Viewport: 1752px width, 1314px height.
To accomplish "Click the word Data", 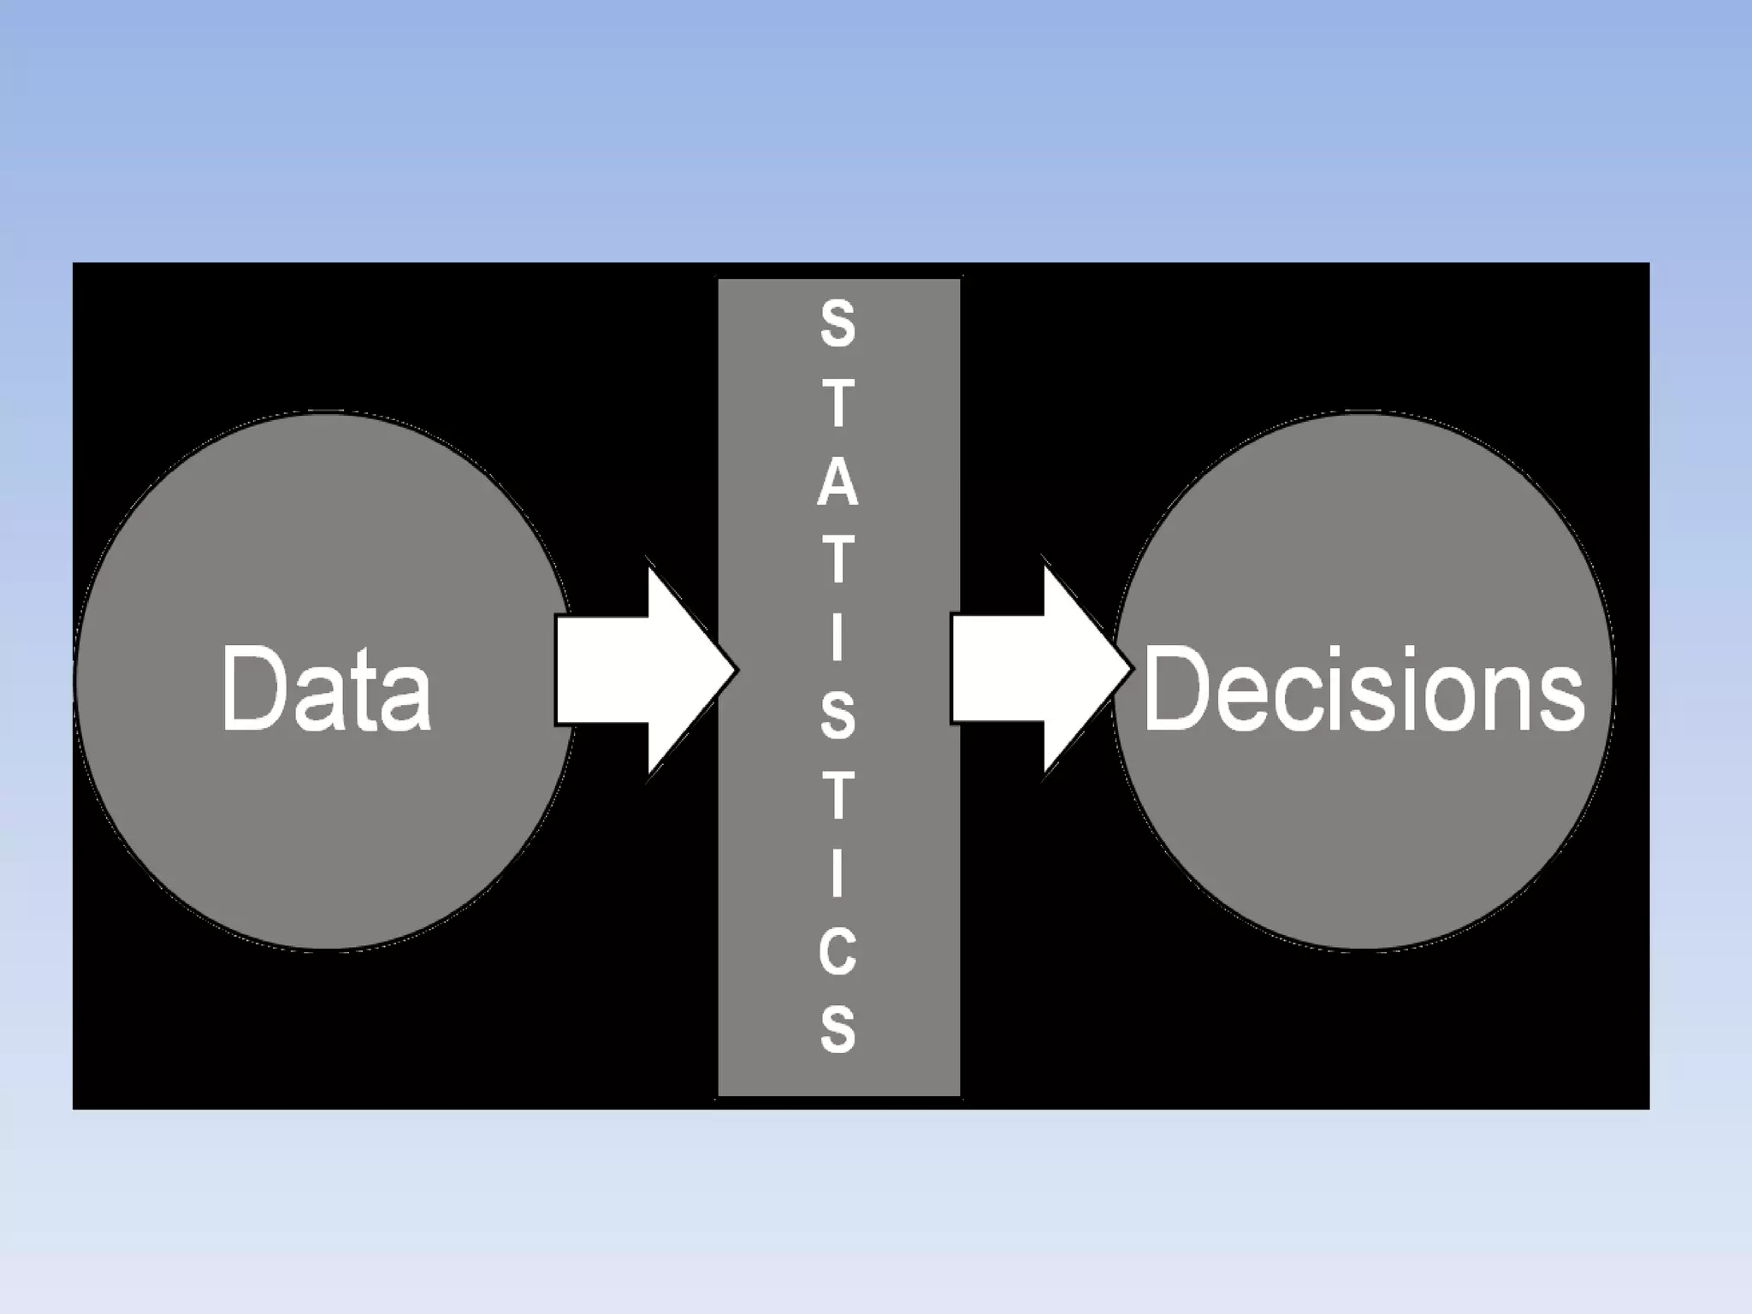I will click(326, 689).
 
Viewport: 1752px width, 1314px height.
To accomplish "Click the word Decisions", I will click(1364, 690).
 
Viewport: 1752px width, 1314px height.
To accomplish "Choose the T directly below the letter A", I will click(838, 559).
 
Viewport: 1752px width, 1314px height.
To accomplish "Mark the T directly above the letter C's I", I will click(838, 795).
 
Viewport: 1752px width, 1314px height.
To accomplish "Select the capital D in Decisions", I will click(1178, 689).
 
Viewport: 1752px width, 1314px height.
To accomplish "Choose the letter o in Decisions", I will click(1451, 700).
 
